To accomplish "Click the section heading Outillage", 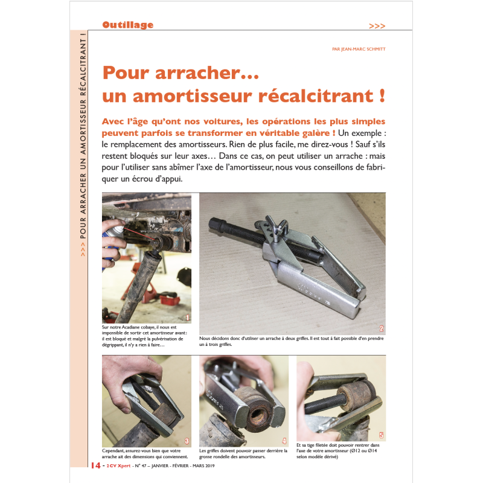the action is click(x=127, y=25).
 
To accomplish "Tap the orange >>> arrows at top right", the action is click(x=377, y=26).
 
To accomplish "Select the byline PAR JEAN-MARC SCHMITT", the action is click(x=359, y=49).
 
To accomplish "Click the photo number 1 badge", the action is click(x=188, y=318).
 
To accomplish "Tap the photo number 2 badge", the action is click(x=382, y=328).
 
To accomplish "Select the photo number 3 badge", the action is click(x=187, y=441).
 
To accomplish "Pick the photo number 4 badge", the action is click(x=284, y=441).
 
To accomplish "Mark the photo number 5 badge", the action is click(x=382, y=435).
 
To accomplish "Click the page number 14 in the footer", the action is click(x=96, y=465).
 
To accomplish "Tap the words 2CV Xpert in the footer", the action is click(x=118, y=465).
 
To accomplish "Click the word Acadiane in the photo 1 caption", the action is click(x=131, y=327).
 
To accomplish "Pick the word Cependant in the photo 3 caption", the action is click(x=113, y=451).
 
